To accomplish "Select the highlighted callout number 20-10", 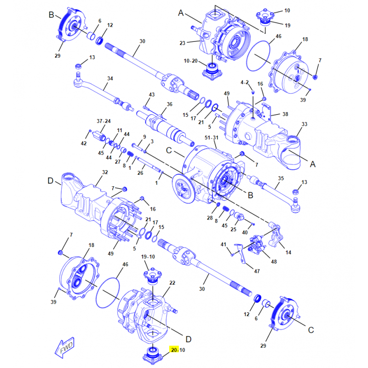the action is coord(178,350).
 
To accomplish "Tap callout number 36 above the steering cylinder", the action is coord(169,104).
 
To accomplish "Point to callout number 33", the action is coord(305,124).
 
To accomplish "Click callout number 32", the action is coord(105,172).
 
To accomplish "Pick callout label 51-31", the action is coord(212,138).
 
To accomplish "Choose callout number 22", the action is coord(172,283).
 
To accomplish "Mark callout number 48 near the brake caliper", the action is coord(274,262).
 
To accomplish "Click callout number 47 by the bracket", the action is coord(257,271).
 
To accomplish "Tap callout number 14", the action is coord(288,253).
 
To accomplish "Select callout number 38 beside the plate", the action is coord(285,114).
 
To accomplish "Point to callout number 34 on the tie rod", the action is coord(110,79).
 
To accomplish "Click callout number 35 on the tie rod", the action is coord(281,178).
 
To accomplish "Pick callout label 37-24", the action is coord(104,121).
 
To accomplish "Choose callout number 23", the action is coord(182,43).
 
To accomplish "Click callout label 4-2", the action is coord(245,82).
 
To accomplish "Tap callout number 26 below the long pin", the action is coord(140,173).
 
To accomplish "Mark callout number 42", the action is coord(84,144).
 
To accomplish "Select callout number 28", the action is coord(210,218).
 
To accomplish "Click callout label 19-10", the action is coord(148,257).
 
